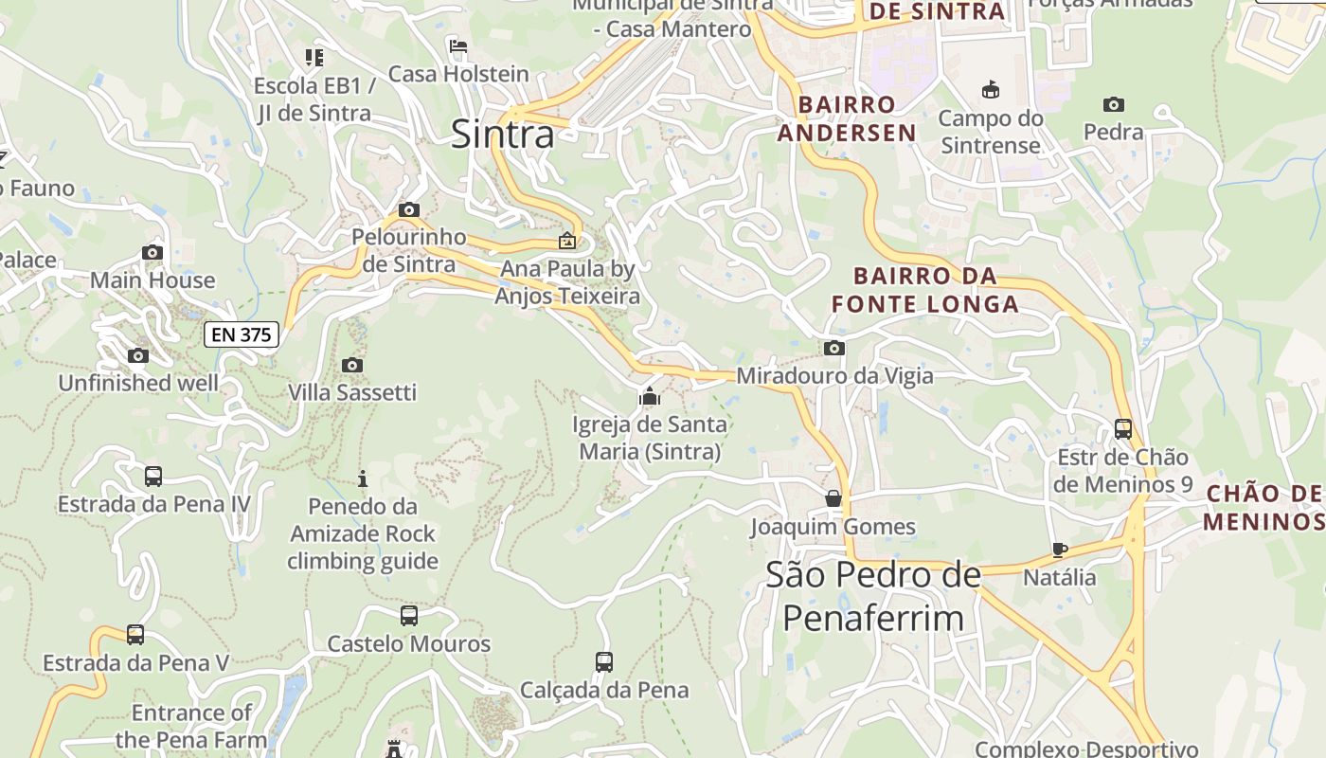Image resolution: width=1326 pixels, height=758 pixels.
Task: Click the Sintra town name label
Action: pyautogui.click(x=502, y=134)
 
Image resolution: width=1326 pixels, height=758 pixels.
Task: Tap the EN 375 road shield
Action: pyautogui.click(x=242, y=334)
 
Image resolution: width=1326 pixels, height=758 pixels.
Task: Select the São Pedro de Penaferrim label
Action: pyautogui.click(x=872, y=596)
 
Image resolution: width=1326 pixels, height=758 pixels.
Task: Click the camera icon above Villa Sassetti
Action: pyautogui.click(x=352, y=365)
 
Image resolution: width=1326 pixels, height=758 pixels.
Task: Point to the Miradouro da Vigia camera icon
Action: pyautogui.click(x=833, y=348)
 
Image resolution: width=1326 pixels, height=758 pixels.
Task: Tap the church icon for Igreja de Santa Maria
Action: pyautogui.click(x=650, y=395)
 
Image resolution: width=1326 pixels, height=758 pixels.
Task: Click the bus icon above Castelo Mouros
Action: pyautogui.click(x=409, y=615)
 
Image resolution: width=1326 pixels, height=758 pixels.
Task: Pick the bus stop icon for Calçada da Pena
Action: pyautogui.click(x=604, y=661)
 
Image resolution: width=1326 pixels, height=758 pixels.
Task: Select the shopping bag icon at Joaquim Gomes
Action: pyautogui.click(x=833, y=498)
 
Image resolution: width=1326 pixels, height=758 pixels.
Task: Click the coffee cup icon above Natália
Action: pyautogui.click(x=1060, y=550)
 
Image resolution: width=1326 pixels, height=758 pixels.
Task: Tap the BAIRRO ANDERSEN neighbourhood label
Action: pyautogui.click(x=847, y=118)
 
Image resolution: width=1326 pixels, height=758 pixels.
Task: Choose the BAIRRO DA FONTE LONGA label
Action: pyautogui.click(x=924, y=290)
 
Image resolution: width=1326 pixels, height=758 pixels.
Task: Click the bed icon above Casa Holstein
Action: pyautogui.click(x=458, y=45)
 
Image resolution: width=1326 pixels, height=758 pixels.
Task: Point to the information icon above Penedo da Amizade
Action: pyautogui.click(x=362, y=478)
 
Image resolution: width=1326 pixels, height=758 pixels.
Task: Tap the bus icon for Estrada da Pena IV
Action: pyautogui.click(x=153, y=476)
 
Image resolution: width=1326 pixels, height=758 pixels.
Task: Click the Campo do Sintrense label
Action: pyautogui.click(x=990, y=132)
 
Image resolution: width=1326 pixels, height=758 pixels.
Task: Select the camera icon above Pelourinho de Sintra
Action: pyautogui.click(x=409, y=209)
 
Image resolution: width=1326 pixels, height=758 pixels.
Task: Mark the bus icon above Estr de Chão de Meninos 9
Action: pyautogui.click(x=1123, y=428)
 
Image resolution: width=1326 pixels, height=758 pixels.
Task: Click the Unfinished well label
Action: pyautogui.click(x=138, y=384)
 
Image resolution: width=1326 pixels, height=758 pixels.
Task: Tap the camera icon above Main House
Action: pyautogui.click(x=152, y=252)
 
